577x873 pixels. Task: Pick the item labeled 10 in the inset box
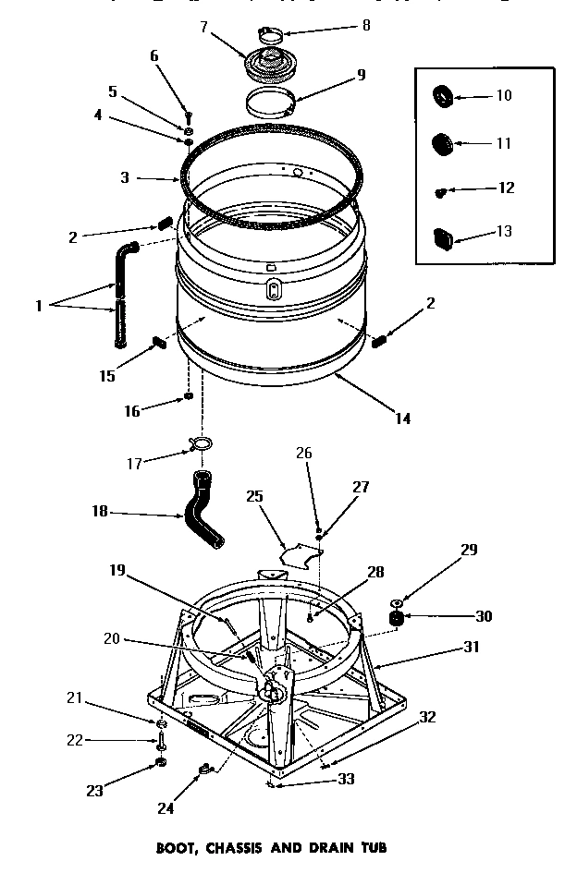[442, 95]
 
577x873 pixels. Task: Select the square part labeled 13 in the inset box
[443, 236]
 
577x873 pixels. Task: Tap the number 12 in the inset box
[506, 188]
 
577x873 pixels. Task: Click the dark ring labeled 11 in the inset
[442, 143]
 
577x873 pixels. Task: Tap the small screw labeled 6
[188, 116]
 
